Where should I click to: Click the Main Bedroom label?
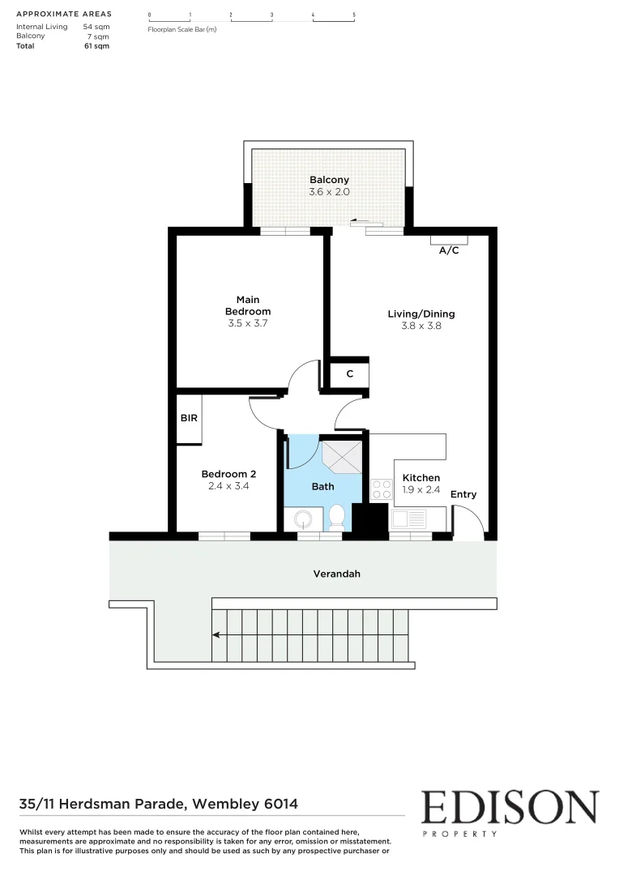click(248, 305)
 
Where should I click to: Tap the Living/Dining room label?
click(420, 314)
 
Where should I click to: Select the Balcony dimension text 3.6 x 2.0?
click(328, 193)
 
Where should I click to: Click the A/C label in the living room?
click(449, 250)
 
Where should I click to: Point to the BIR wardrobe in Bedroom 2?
click(189, 418)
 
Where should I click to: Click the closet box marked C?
click(349, 374)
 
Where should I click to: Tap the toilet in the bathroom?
click(337, 516)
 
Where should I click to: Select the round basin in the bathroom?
click(303, 518)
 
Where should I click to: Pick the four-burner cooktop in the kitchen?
click(381, 489)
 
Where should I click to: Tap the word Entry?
click(463, 494)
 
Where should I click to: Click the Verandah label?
click(336, 574)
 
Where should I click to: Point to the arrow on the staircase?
click(220, 635)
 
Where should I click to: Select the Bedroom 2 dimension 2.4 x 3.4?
click(228, 487)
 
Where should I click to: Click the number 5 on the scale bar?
click(354, 15)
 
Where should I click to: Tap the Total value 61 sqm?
click(97, 46)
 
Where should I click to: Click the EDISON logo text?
click(510, 808)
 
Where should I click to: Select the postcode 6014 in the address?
click(280, 805)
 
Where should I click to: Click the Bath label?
click(322, 487)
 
